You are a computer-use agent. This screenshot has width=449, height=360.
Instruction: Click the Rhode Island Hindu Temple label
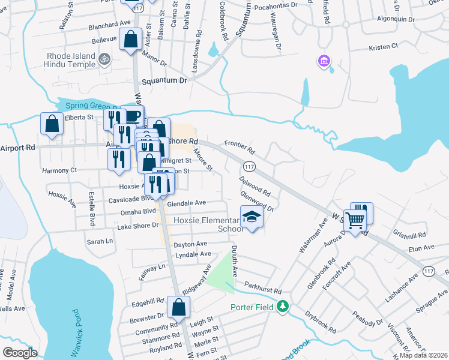tap(71, 60)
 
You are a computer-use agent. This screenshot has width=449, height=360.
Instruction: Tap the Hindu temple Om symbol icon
tap(104, 59)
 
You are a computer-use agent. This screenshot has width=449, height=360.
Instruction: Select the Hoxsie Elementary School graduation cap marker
tap(252, 217)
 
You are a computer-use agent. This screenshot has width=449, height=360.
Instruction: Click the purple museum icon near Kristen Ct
tap(324, 61)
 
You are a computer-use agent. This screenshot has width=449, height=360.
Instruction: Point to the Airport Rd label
tap(18, 147)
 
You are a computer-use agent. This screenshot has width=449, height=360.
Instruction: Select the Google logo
tap(20, 353)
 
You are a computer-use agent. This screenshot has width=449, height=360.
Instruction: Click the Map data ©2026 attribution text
tap(423, 355)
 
